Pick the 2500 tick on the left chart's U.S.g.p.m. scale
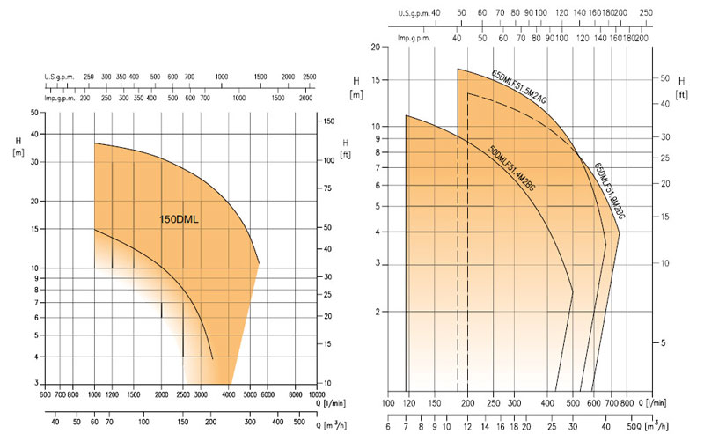click(x=309, y=78)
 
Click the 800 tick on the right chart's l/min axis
click(x=626, y=402)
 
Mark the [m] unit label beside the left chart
click(x=18, y=152)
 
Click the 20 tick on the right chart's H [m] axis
click(x=375, y=47)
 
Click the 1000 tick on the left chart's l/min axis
click(x=94, y=395)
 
